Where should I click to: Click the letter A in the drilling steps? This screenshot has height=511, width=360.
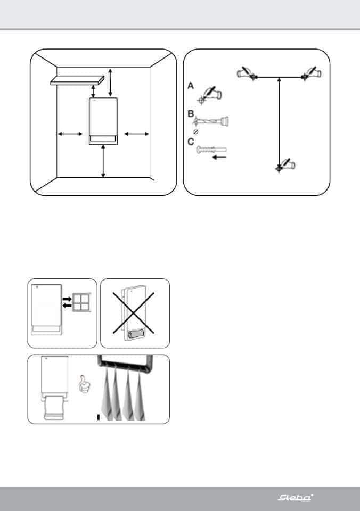click(191, 86)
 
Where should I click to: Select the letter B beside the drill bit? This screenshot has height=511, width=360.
click(191, 114)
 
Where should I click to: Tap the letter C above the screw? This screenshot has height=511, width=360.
click(191, 142)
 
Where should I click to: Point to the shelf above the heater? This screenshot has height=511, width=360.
click(77, 80)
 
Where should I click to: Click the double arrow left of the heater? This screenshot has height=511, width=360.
click(70, 134)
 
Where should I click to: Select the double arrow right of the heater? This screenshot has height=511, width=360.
click(137, 134)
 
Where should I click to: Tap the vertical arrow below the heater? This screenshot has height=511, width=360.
click(103, 161)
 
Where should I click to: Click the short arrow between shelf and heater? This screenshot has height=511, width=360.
click(94, 91)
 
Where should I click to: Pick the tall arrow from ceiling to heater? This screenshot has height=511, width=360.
click(111, 83)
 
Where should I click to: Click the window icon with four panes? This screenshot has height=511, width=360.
click(80, 303)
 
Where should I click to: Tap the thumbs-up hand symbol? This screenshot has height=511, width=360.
click(85, 383)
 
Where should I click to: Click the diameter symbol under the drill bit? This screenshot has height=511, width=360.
click(195, 131)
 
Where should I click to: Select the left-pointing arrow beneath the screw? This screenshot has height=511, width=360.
click(218, 158)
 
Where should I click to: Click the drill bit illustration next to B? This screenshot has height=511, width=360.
click(211, 121)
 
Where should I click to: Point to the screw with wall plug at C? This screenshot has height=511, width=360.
click(211, 150)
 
